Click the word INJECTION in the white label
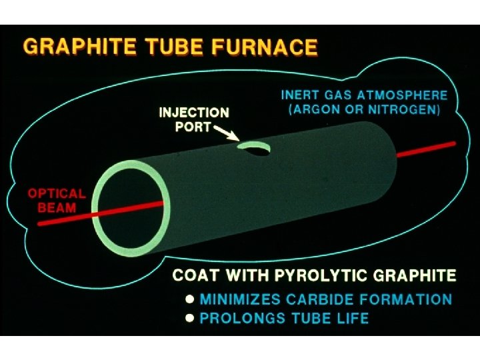(194, 113)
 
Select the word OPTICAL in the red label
(57, 194)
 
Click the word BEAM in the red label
(57, 208)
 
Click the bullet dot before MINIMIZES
(190, 299)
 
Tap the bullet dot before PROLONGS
(190, 318)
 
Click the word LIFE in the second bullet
(353, 318)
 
